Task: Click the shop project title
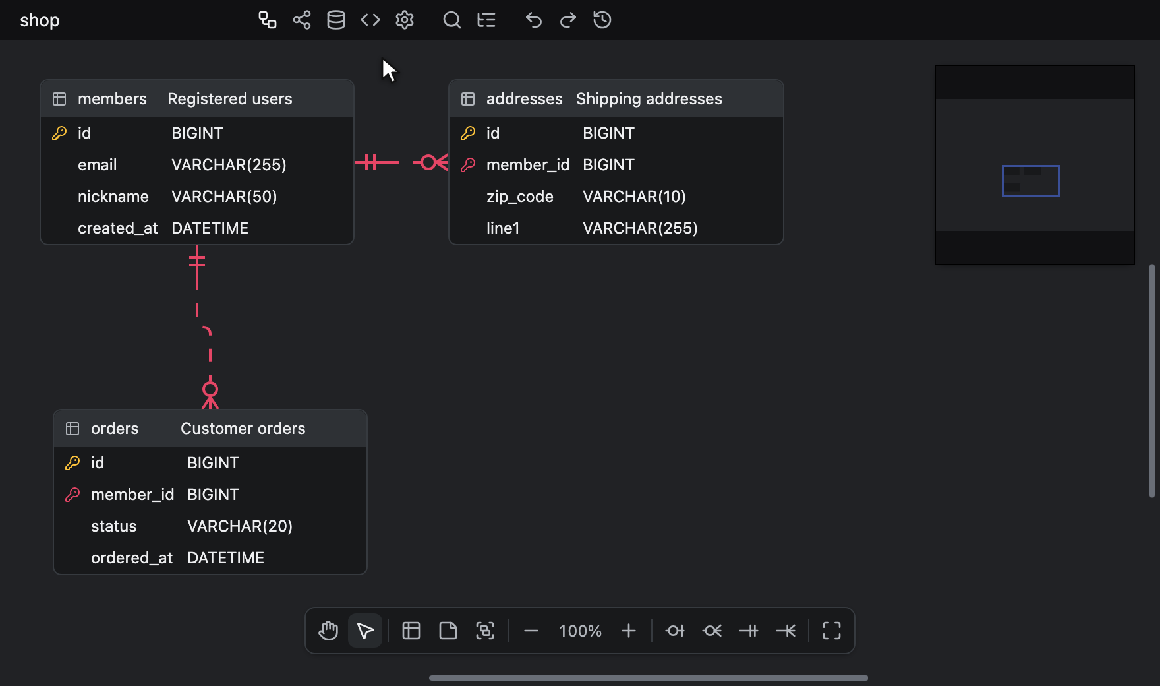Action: click(x=40, y=20)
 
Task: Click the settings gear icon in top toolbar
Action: click(x=405, y=20)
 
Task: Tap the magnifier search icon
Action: click(x=451, y=20)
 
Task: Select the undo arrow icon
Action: click(x=533, y=20)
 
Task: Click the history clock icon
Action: click(x=602, y=20)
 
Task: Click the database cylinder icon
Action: click(x=336, y=20)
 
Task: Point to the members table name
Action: click(x=112, y=99)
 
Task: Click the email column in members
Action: click(x=98, y=165)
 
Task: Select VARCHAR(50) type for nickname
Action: click(x=224, y=197)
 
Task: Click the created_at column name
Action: click(x=118, y=228)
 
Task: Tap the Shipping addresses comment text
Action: click(x=649, y=99)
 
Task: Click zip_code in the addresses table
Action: click(x=520, y=197)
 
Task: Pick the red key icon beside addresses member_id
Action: click(x=468, y=165)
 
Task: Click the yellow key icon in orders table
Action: click(x=72, y=463)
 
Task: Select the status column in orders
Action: click(x=114, y=526)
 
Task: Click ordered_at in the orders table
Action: click(x=132, y=558)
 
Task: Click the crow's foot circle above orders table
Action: click(x=210, y=389)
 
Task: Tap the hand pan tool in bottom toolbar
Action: click(x=328, y=631)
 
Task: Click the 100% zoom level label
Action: click(x=580, y=631)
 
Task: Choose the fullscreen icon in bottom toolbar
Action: click(x=832, y=631)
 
